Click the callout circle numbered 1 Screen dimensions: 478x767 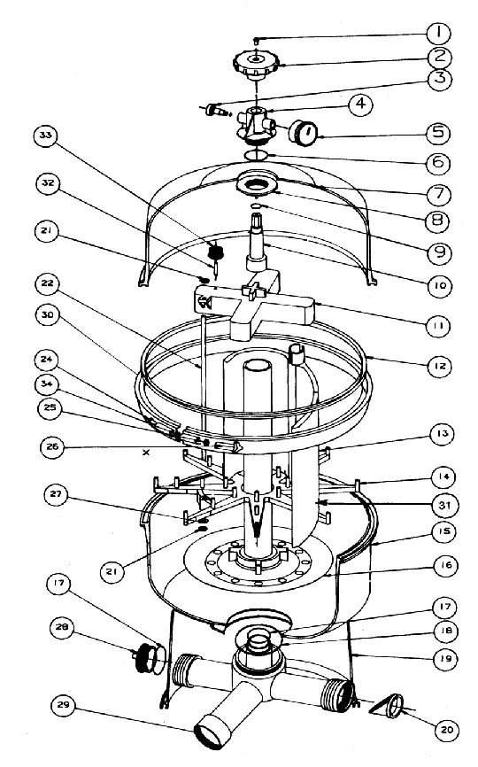click(438, 34)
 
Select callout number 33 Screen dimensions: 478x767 click(46, 136)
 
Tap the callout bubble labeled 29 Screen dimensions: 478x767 click(64, 706)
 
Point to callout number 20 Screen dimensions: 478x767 click(447, 730)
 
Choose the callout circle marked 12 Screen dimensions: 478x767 click(440, 366)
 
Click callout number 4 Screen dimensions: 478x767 click(360, 105)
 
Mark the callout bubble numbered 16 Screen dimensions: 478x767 click(446, 565)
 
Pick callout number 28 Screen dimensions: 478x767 click(63, 628)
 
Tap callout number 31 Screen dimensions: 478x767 click(444, 505)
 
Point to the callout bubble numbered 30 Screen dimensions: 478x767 click(48, 315)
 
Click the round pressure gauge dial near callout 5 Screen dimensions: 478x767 click(303, 132)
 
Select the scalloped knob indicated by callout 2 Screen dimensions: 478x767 click(256, 66)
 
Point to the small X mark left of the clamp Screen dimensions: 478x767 click(145, 453)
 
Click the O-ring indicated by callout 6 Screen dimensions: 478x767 click(255, 155)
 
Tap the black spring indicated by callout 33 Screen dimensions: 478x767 click(215, 251)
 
